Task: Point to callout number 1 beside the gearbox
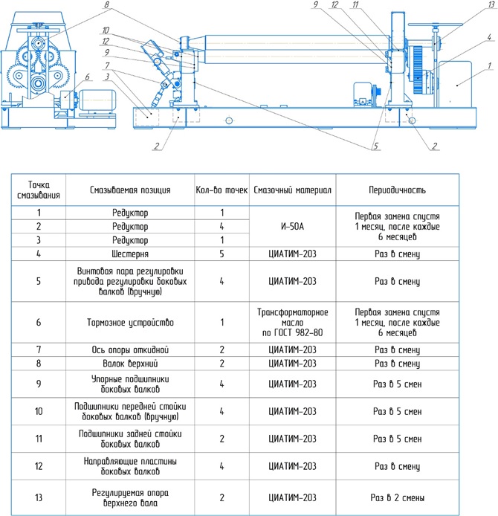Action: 488,66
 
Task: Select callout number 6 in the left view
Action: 87,77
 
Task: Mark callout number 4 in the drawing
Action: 488,36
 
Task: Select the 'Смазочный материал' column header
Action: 292,190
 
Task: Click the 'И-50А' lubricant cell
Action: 292,226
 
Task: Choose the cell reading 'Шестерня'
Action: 130,254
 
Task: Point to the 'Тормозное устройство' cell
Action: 130,322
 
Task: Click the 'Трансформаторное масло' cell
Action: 292,322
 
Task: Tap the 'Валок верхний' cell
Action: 130,364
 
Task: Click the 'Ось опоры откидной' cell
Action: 130,349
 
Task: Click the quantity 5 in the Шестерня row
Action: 221,254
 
